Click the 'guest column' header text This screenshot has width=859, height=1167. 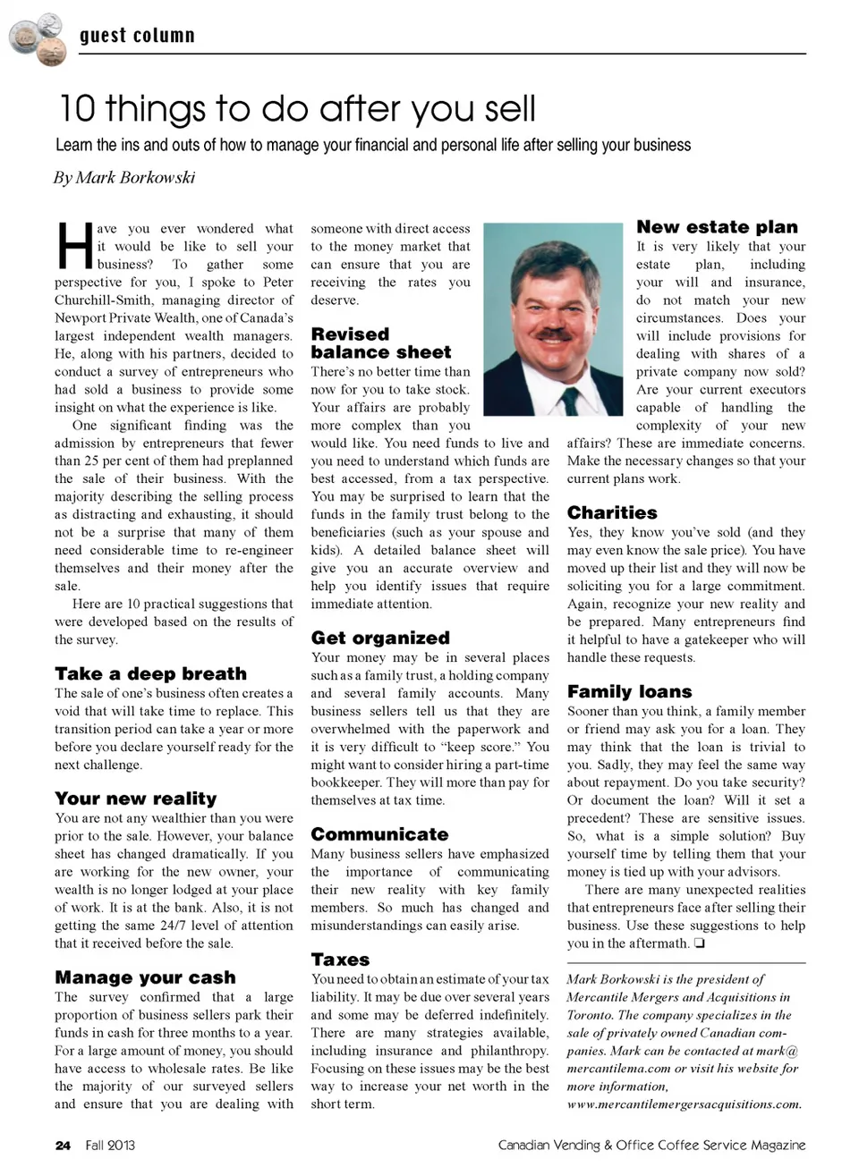(x=137, y=36)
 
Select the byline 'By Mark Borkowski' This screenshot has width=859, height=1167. (x=124, y=177)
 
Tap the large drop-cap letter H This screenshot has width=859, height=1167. (x=73, y=246)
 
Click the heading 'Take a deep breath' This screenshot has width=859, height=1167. (x=150, y=673)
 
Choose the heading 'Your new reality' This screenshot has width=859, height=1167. (x=135, y=799)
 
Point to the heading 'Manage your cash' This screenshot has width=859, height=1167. (x=145, y=977)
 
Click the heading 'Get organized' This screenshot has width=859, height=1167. (x=380, y=638)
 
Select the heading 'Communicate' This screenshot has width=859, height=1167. (x=379, y=834)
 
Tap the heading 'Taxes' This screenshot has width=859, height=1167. (x=340, y=960)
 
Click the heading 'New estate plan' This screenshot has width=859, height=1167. (x=717, y=227)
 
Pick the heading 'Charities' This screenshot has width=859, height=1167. (x=612, y=512)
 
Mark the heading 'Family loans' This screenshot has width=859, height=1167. (x=629, y=691)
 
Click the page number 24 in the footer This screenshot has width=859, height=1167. (x=63, y=1145)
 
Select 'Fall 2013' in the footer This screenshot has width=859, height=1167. (x=110, y=1145)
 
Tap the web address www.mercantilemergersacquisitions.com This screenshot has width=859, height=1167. (x=684, y=1104)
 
